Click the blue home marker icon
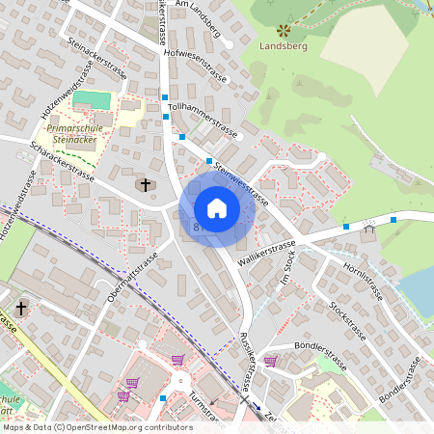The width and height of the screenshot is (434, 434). pyautogui.click(x=216, y=207)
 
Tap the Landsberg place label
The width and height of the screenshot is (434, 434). pyautogui.click(x=283, y=45)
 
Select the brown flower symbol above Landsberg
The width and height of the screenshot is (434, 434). pyautogui.click(x=283, y=30)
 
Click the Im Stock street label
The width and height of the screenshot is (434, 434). pyautogui.click(x=284, y=267)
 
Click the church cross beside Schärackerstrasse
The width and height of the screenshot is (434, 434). pyautogui.click(x=146, y=183)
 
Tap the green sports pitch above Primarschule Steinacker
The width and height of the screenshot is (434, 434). pyautogui.click(x=92, y=100)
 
